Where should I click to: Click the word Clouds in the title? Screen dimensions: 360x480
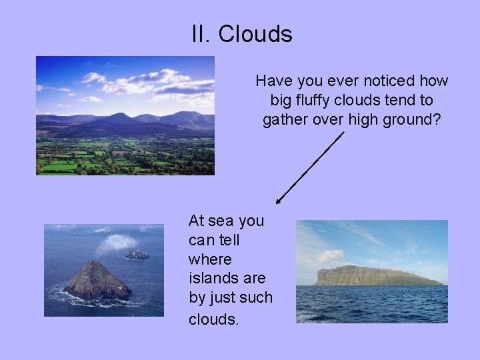(x=255, y=34)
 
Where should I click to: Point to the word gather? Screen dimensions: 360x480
(x=285, y=120)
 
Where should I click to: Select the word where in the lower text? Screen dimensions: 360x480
(x=210, y=259)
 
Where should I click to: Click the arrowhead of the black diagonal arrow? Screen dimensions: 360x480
(x=279, y=200)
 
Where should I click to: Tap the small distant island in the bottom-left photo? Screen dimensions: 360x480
(x=137, y=254)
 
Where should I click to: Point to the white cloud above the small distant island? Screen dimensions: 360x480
(x=116, y=243)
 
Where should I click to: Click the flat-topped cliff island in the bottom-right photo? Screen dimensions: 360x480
(x=373, y=275)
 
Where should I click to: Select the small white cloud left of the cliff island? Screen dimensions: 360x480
(x=331, y=256)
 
